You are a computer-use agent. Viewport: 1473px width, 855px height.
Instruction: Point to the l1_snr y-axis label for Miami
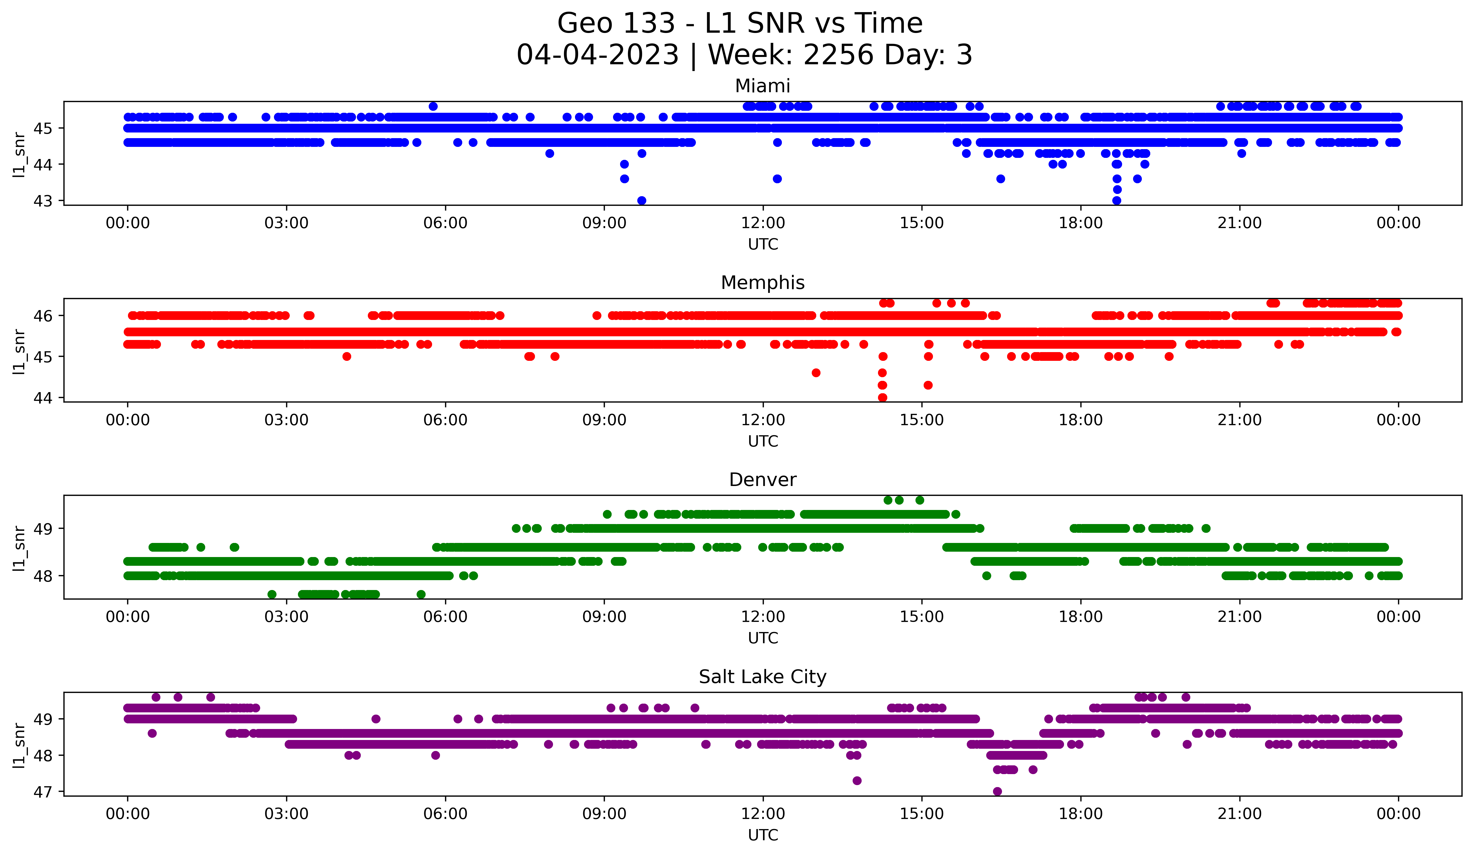(x=19, y=154)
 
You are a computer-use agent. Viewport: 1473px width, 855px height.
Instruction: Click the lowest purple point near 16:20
(x=997, y=791)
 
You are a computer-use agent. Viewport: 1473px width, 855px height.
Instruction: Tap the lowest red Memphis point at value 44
(x=883, y=397)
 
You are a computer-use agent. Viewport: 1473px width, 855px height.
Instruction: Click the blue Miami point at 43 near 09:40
(x=641, y=200)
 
